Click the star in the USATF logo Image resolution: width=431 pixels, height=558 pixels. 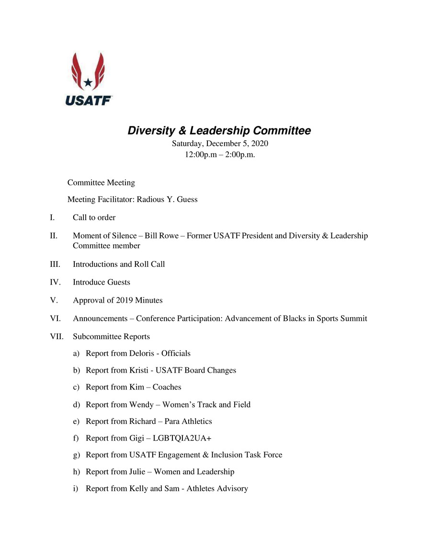click(x=88, y=82)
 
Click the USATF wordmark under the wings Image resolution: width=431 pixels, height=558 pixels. click(x=89, y=101)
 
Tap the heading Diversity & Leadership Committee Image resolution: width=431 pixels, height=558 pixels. click(x=219, y=131)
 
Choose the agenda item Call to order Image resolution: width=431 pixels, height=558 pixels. click(x=94, y=217)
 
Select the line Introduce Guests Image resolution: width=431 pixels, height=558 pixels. click(x=101, y=282)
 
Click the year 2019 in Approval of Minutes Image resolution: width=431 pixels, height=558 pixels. click(x=123, y=300)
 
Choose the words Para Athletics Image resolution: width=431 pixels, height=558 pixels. click(x=188, y=421)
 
